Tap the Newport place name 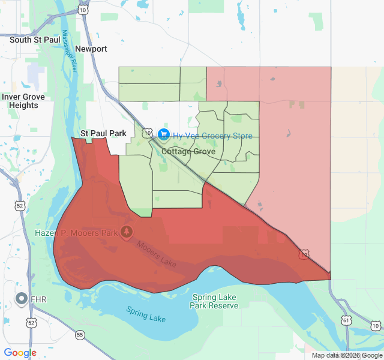[92, 49]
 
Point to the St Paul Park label [104, 133]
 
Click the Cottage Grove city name [188, 152]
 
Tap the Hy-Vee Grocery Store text [213, 136]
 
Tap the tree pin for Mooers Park [127, 232]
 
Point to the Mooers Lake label [155, 254]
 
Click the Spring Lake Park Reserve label [214, 301]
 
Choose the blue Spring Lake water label [146, 313]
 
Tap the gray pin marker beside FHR [22, 298]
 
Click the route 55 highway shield [80, 334]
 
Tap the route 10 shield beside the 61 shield [375, 325]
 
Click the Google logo [20, 353]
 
